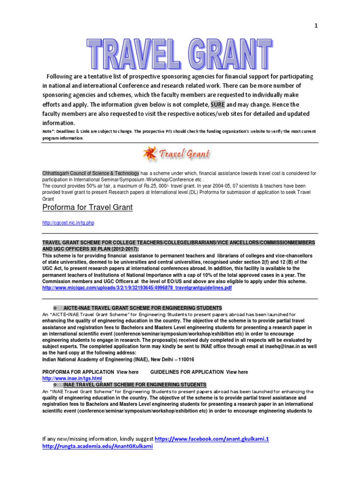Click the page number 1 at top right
point(315,26)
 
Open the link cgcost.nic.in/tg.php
point(71,223)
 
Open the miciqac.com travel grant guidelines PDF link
point(137,288)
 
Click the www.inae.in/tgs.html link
point(72,378)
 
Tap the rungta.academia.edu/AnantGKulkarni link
point(97,447)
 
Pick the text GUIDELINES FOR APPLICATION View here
point(199,372)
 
